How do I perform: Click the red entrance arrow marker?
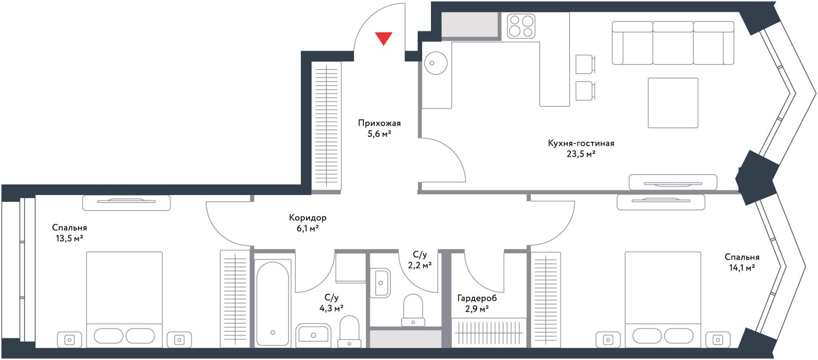(x=383, y=38)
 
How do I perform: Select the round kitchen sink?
(x=435, y=63)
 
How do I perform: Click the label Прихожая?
(x=379, y=123)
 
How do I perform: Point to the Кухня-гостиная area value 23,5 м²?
(x=581, y=153)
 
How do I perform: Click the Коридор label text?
(x=308, y=218)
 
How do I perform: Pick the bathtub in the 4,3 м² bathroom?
(x=272, y=304)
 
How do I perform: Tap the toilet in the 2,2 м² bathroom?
(x=413, y=310)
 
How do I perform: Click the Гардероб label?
(x=477, y=298)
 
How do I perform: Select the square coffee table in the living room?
(x=673, y=103)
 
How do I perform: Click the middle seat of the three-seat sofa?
(x=673, y=43)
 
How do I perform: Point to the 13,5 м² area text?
(x=69, y=239)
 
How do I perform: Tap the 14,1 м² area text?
(x=742, y=268)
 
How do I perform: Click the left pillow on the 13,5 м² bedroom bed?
(x=109, y=336)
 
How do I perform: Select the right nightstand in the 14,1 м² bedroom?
(x=718, y=340)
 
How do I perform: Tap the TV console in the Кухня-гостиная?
(x=673, y=183)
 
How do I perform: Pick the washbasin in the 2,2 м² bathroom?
(x=380, y=283)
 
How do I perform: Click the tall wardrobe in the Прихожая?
(x=326, y=126)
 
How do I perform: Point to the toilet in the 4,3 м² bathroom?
(x=349, y=332)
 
